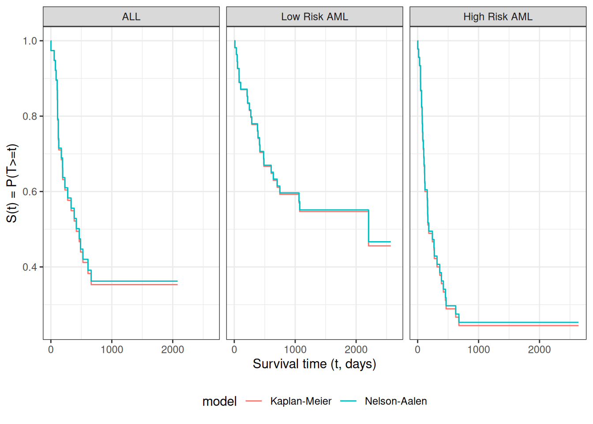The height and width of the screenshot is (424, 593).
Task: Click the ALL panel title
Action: (x=131, y=17)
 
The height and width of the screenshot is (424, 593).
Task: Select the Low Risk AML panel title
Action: (x=315, y=17)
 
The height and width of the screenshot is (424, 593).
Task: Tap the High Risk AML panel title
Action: (x=498, y=17)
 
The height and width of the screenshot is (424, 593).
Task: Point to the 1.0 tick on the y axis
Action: (x=30, y=41)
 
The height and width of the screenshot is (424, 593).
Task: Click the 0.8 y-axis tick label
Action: (x=30, y=116)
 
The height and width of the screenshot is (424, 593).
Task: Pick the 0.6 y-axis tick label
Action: (x=30, y=192)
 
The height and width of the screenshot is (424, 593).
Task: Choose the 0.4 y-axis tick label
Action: (x=30, y=267)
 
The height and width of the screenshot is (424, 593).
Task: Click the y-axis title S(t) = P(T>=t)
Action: (x=12, y=183)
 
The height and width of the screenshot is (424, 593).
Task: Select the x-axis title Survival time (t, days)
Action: (x=314, y=364)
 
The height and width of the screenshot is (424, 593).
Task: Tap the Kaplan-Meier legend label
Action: (x=301, y=401)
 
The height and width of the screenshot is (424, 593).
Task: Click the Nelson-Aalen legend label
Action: (x=396, y=401)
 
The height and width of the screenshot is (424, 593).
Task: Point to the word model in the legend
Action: (x=219, y=401)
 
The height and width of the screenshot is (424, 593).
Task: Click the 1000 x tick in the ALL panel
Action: (x=112, y=350)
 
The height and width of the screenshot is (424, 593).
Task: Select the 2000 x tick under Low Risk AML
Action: (x=356, y=350)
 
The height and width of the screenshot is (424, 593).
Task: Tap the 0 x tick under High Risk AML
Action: (x=417, y=350)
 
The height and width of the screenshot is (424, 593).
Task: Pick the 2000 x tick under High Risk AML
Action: (x=539, y=350)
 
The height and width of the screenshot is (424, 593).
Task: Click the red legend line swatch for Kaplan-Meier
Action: (x=254, y=401)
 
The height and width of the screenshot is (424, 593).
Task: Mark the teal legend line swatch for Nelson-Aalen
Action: (x=349, y=401)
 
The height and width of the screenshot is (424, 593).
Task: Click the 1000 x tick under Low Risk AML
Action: (x=295, y=350)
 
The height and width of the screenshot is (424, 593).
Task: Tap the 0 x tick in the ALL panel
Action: (x=51, y=350)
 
